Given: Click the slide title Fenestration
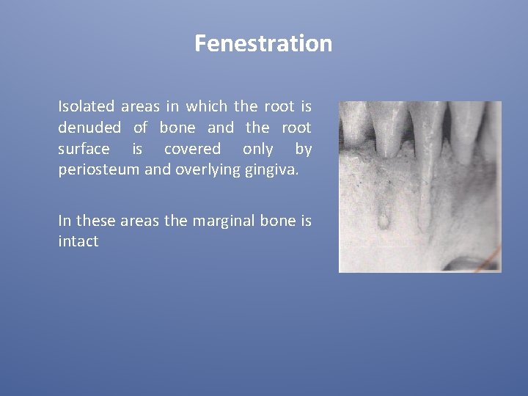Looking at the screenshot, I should coord(263,44).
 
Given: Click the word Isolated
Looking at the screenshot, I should coord(84,106).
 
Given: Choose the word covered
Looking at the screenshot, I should coord(192,150).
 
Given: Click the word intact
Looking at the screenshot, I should coord(78,241).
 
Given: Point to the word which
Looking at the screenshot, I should coord(208,106).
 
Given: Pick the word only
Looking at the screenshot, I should coord(258,150).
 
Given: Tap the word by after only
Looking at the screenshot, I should coord(303,150).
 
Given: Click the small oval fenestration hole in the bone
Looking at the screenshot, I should coord(382,219).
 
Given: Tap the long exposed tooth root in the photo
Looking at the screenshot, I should coord(424,183).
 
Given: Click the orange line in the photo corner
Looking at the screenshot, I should coord(494,257).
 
